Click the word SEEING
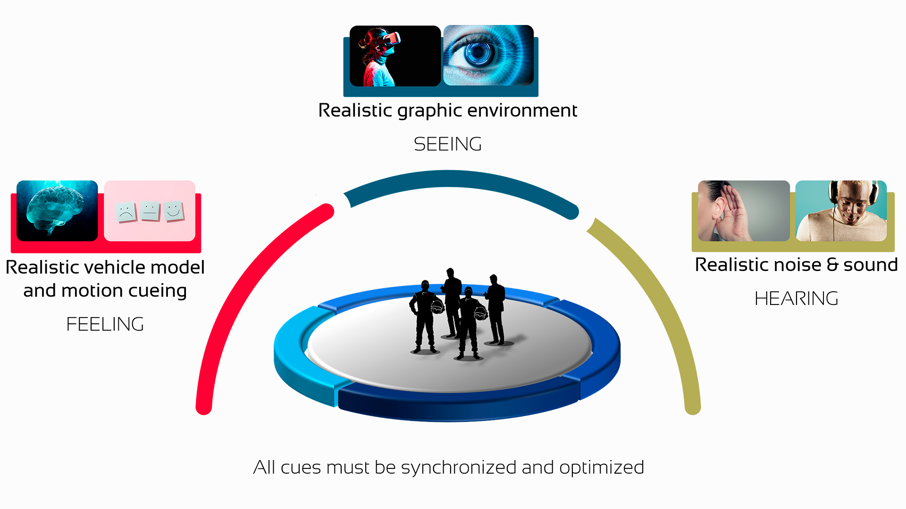coord(448,144)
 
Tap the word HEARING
coord(797,299)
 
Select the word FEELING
coord(105,324)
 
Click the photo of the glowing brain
coord(57,211)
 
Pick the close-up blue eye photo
coord(488,55)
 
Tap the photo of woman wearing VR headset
coord(395,56)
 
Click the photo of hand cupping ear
coord(744,211)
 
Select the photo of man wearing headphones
coord(841,211)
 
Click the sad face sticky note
coord(126,213)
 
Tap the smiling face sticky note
coord(174,211)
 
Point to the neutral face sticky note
coord(150,211)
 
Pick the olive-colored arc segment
coord(661,292)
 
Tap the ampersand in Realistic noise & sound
coord(833,265)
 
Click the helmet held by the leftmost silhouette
coord(438,307)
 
